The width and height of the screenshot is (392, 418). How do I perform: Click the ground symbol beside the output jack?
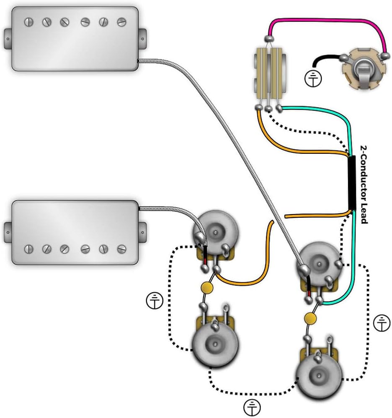pyautogui.click(x=312, y=78)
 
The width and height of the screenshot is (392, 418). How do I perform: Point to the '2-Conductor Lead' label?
pyautogui.click(x=363, y=184)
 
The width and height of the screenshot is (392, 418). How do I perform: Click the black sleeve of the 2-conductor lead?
pyautogui.click(x=352, y=183)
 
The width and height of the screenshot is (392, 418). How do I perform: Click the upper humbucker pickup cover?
pyautogui.click(x=75, y=38)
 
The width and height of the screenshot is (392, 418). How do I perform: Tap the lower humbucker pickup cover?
pyautogui.click(x=75, y=232)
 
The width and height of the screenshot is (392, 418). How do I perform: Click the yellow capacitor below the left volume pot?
pyautogui.click(x=206, y=287)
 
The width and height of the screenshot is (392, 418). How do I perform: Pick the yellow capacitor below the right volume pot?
pyautogui.click(x=310, y=318)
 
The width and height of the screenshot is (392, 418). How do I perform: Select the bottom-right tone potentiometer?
pyautogui.click(x=318, y=372)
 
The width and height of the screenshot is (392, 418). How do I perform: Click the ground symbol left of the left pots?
pyautogui.click(x=155, y=301)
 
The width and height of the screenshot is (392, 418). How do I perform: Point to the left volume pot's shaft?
pyautogui.click(x=216, y=231)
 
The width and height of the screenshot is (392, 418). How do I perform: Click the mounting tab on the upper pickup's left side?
pyautogui.click(x=8, y=37)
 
